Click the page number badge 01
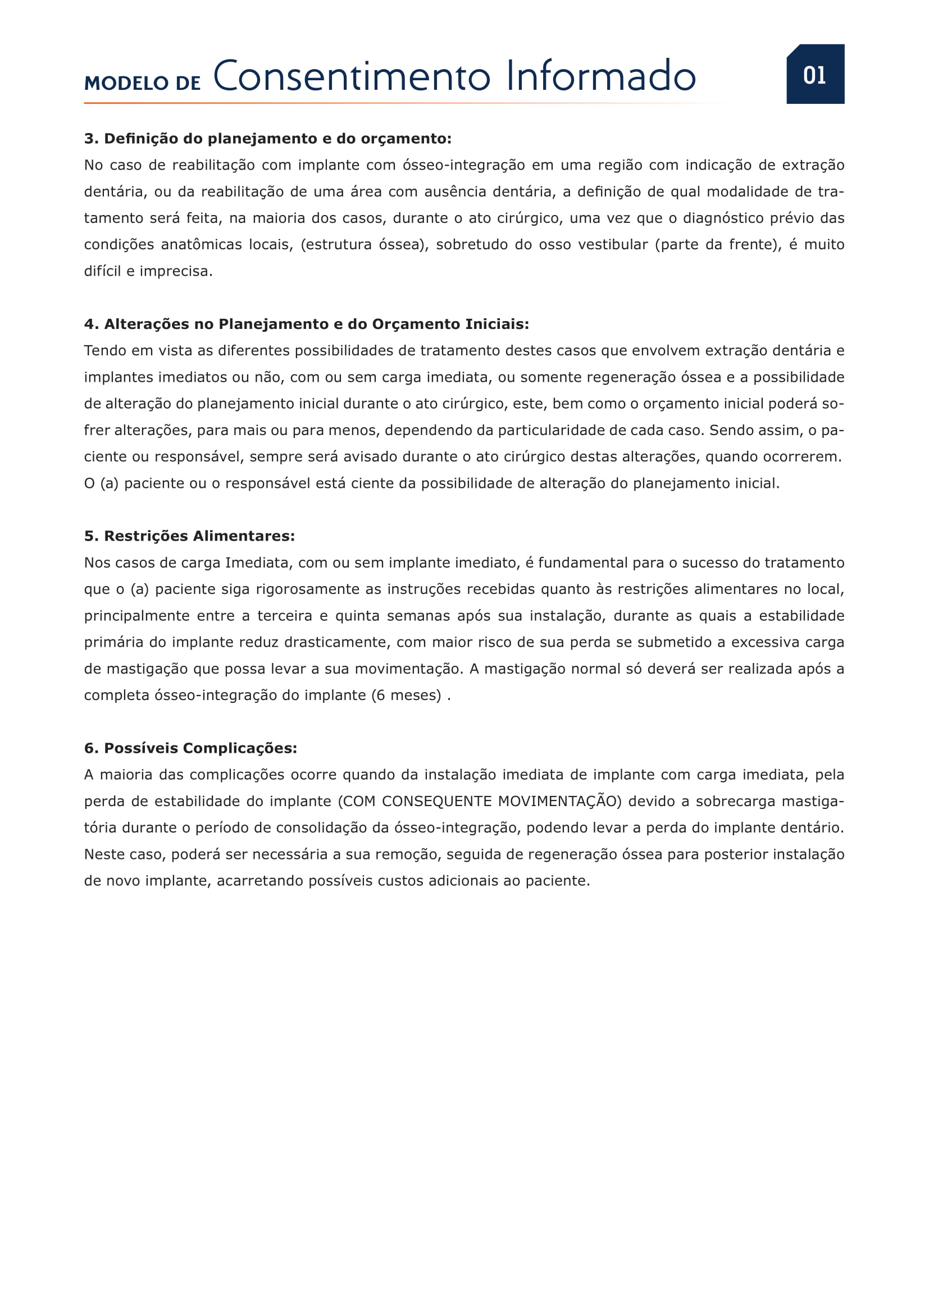click(x=814, y=75)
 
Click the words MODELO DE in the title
click(x=143, y=84)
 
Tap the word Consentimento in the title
click(x=352, y=76)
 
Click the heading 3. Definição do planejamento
click(x=268, y=139)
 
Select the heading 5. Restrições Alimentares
click(x=189, y=536)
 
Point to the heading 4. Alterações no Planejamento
click(x=307, y=324)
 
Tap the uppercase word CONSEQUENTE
click(x=436, y=801)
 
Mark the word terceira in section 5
click(x=284, y=616)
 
